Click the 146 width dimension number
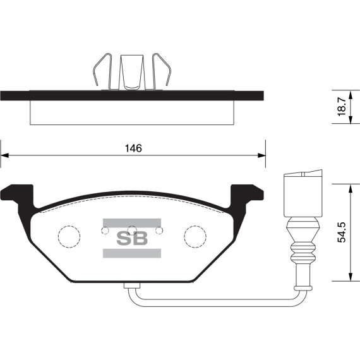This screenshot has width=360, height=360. [x=132, y=148]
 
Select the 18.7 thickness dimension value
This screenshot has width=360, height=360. [x=342, y=106]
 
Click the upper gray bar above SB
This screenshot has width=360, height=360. [x=131, y=222]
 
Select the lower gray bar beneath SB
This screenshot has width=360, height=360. [x=131, y=253]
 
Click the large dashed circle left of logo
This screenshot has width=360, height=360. [x=69, y=236]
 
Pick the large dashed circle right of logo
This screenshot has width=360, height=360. [x=195, y=236]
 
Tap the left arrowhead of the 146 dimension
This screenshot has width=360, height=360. [x=4, y=155]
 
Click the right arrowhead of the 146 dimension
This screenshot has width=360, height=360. [x=260, y=155]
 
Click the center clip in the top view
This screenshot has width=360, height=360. [x=131, y=71]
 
